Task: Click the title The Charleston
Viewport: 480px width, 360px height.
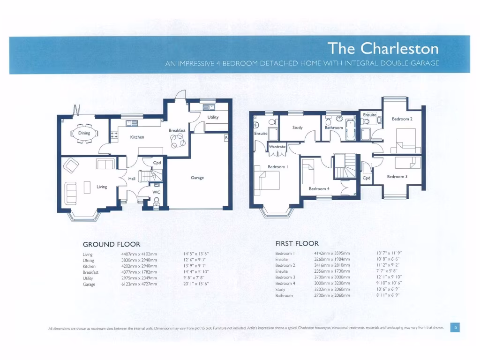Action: tap(383, 48)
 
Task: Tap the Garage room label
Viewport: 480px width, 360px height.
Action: tap(197, 178)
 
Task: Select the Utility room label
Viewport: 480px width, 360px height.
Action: tap(213, 117)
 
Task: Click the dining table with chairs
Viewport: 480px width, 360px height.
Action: tap(85, 133)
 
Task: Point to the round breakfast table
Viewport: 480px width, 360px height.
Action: tap(178, 139)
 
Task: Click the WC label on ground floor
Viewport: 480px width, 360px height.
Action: tap(157, 192)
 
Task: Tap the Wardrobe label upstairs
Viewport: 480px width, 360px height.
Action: tap(277, 147)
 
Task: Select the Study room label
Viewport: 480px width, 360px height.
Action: tap(298, 127)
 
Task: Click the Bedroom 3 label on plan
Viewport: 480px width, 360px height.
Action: tap(397, 177)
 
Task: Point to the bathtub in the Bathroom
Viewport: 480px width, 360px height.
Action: tap(351, 130)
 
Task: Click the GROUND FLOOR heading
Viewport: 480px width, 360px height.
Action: tap(112, 244)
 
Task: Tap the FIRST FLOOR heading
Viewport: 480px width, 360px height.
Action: tap(297, 243)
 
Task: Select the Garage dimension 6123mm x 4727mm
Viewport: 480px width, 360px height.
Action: tap(139, 284)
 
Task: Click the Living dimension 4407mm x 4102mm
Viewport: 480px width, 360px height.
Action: tap(139, 254)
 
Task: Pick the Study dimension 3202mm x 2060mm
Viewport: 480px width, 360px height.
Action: tap(332, 290)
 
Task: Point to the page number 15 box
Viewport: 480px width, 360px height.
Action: tap(455, 327)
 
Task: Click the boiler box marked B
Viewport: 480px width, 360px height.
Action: tap(226, 138)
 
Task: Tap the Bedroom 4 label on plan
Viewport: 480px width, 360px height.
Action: tap(318, 189)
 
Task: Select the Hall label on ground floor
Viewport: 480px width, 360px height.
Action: tap(132, 179)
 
